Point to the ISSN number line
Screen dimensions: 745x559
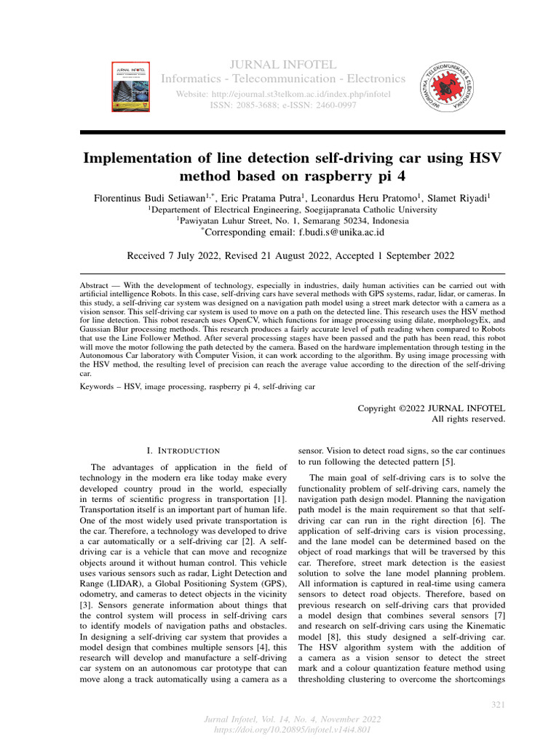(282, 106)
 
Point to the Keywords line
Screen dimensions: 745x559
(197, 387)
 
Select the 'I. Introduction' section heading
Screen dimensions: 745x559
(183, 451)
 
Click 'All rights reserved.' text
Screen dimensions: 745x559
(468, 419)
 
